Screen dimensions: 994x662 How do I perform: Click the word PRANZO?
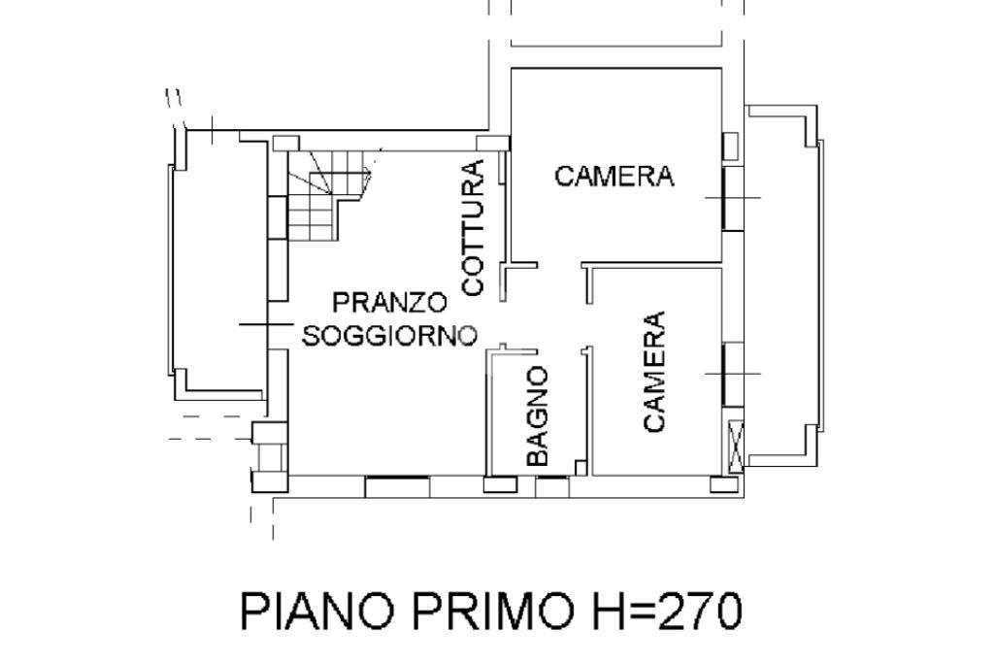point(390,303)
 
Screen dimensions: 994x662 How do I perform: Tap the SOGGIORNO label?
point(389,336)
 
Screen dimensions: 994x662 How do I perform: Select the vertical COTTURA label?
point(473,228)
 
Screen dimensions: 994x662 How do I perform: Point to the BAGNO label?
point(537,416)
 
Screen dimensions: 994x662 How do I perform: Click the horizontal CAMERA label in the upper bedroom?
point(614,176)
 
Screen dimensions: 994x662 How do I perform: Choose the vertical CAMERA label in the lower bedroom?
point(654,372)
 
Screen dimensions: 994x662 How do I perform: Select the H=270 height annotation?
point(666,611)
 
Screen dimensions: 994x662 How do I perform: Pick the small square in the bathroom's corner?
point(580,468)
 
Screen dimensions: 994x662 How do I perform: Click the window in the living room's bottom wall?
point(397,487)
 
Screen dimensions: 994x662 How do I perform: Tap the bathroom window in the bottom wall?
point(552,486)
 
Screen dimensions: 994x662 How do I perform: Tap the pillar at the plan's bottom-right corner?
point(724,484)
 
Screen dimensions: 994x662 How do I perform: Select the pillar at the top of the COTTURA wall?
point(493,144)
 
